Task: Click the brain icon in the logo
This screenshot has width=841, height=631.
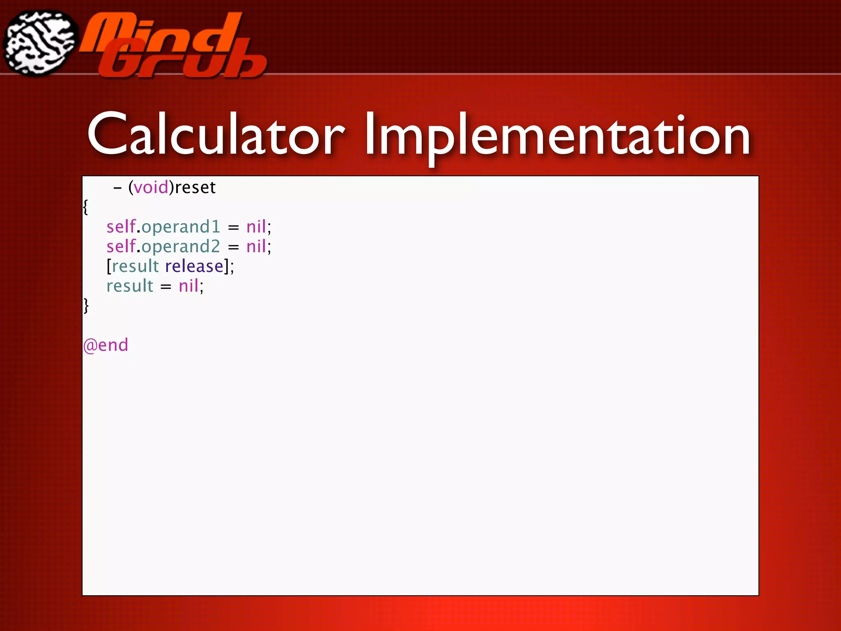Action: coord(40,43)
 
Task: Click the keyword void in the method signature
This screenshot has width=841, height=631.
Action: coord(151,188)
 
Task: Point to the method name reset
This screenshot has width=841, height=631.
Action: coord(195,188)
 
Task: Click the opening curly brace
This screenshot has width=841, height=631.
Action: coord(85,207)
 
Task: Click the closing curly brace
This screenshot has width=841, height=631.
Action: coord(86,306)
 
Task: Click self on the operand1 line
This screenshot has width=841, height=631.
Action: coord(121,226)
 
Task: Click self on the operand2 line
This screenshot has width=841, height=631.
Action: coord(121,246)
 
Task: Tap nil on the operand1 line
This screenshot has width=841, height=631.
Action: coord(256,226)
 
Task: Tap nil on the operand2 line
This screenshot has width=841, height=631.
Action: coord(256,246)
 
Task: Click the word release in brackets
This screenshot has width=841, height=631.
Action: coord(194,266)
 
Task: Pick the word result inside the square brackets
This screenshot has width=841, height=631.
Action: coord(135,266)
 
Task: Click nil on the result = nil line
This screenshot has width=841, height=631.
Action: coord(188,286)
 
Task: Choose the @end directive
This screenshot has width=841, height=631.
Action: coord(106,345)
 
